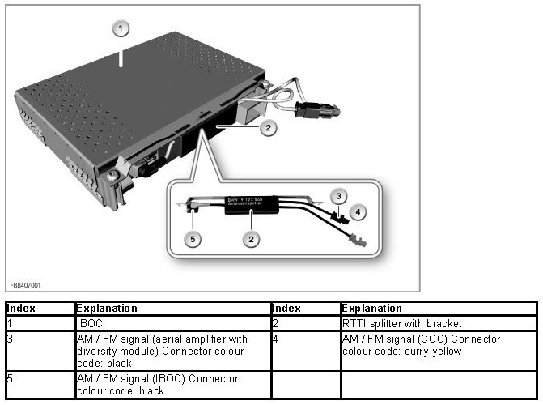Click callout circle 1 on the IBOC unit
tap(121, 28)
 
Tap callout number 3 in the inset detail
tap(341, 195)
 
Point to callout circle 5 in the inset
tap(192, 239)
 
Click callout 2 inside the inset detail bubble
tap(252, 239)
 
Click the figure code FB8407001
tap(25, 286)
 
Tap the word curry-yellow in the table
tap(441, 351)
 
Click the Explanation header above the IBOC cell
tap(106, 309)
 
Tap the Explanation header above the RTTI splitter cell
tap(371, 309)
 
